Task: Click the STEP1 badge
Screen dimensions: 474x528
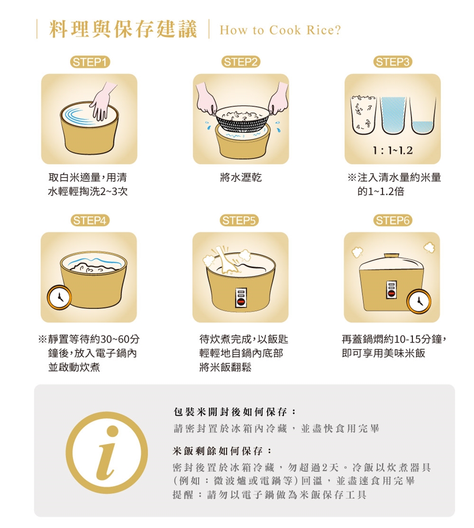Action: point(90,62)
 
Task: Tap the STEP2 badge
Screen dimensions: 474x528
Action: point(240,62)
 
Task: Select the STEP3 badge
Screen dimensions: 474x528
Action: point(393,62)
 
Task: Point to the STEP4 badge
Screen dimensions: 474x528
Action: point(90,220)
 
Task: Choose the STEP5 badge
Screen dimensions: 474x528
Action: point(239,220)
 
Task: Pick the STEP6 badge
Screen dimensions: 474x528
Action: point(393,220)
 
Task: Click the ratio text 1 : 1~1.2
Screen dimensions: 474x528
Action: point(393,150)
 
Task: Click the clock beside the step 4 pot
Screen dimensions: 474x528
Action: point(59,298)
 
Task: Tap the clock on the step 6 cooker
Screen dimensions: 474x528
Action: point(419,301)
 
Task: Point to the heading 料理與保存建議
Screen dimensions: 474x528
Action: point(123,29)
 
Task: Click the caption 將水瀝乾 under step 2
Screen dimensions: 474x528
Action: point(241,177)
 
